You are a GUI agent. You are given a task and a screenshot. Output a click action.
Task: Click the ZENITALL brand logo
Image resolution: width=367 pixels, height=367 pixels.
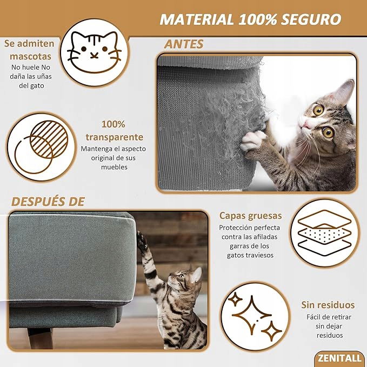pos(339,358)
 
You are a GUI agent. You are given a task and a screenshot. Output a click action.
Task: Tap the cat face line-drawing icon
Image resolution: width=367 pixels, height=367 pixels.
pos(94,52)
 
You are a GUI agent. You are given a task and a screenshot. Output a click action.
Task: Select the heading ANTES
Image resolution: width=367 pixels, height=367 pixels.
pos(184,44)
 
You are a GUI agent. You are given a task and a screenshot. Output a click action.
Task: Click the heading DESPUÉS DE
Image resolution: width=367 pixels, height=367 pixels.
pos(48,202)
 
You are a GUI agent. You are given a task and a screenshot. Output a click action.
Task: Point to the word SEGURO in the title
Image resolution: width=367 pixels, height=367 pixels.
pos(311,19)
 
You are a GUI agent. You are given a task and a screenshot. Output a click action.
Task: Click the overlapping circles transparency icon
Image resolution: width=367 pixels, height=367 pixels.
pos(42,146)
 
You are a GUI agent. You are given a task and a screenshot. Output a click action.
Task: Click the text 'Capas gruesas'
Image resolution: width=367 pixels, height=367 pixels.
pos(250,216)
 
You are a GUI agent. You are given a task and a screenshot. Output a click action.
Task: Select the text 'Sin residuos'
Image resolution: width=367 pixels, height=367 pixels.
pos(328,305)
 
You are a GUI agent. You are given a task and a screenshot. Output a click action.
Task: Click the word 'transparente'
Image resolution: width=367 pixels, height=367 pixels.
pos(115,137)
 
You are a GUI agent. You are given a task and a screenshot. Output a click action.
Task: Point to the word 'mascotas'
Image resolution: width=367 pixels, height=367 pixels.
pos(30,56)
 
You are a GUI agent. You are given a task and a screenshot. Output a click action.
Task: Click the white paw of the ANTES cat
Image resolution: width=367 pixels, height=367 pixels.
pos(253,140)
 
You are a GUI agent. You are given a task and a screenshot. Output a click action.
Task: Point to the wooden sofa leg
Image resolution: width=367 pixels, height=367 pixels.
pos(40,338)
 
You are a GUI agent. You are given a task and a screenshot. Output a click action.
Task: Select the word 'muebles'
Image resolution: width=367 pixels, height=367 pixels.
pos(114,167)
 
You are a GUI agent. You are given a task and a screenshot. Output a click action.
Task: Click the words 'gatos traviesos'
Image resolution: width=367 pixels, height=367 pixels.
pos(250,255)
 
